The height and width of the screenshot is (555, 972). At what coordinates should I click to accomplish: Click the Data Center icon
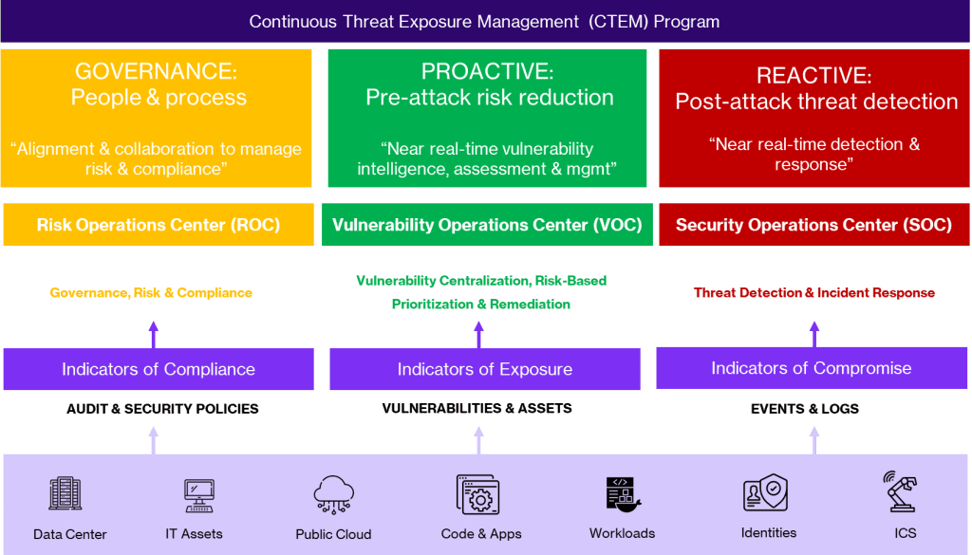pyautogui.click(x=65, y=494)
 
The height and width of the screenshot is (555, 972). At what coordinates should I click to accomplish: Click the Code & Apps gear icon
pyautogui.click(x=479, y=495)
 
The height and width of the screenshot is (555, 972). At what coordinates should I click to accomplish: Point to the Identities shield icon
pyautogui.click(x=764, y=494)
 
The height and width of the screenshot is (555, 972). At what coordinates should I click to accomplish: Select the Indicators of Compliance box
pyautogui.click(x=159, y=369)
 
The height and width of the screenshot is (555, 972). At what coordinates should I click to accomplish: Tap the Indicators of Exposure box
pyautogui.click(x=485, y=369)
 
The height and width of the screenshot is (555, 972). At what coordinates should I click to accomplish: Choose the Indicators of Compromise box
pyautogui.click(x=812, y=368)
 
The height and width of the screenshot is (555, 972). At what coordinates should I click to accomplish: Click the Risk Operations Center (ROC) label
pyautogui.click(x=159, y=225)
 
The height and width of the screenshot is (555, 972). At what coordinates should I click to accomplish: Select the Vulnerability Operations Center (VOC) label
pyautogui.click(x=487, y=225)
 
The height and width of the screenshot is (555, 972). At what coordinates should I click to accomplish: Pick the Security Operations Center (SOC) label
pyautogui.click(x=813, y=225)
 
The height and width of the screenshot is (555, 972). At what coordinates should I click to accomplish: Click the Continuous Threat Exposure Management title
pyautogui.click(x=484, y=21)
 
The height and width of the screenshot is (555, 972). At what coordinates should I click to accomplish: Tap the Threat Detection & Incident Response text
pyautogui.click(x=814, y=293)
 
